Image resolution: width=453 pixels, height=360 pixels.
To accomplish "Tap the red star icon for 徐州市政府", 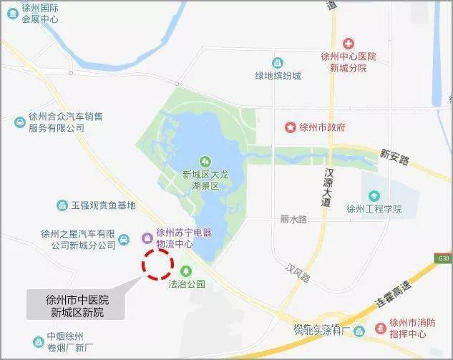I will (291, 127).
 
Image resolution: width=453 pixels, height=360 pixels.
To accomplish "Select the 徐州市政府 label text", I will (322, 127).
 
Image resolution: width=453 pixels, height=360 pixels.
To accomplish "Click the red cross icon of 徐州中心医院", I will (349, 44).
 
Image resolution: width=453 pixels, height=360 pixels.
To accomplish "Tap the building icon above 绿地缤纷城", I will (278, 63).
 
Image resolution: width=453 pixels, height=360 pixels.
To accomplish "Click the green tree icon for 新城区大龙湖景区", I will (205, 161).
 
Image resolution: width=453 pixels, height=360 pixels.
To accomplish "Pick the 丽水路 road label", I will (293, 220).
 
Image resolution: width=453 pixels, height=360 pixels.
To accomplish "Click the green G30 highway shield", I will (443, 258).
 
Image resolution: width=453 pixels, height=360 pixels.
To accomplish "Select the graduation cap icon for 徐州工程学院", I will (374, 195).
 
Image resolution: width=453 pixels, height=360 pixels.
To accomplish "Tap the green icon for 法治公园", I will (186, 271).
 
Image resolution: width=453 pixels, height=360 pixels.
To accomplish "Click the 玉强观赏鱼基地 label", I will (102, 205).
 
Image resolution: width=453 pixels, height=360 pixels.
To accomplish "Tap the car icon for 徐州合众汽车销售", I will (19, 122).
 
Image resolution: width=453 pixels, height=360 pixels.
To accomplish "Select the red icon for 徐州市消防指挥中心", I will (380, 329).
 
